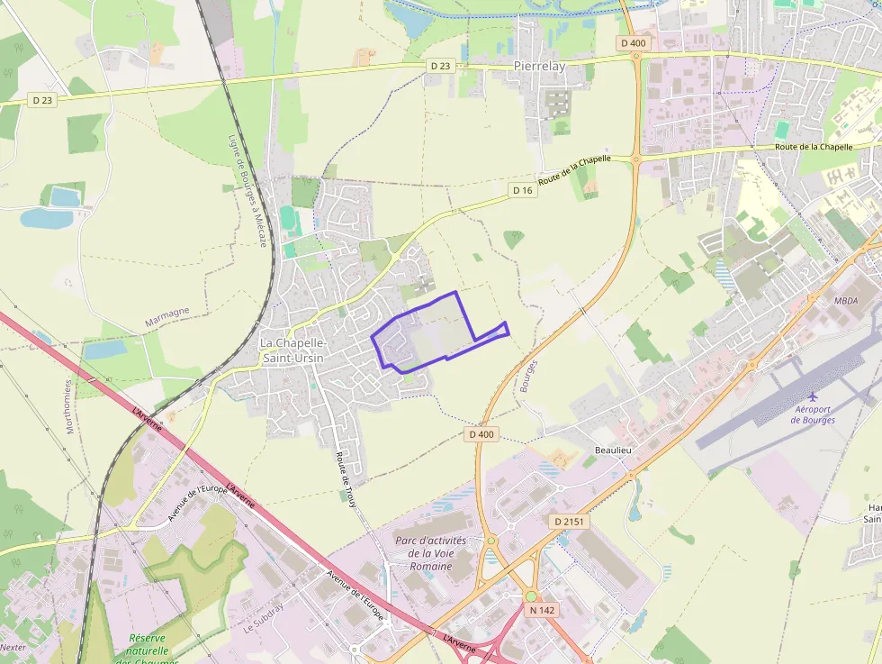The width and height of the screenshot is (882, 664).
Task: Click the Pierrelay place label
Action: [539, 66]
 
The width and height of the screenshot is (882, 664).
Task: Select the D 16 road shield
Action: [523, 190]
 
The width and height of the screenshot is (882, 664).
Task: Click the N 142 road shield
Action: [542, 610]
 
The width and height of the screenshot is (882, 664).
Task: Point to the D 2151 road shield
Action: [568, 522]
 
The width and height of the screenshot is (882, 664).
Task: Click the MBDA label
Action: [846, 301]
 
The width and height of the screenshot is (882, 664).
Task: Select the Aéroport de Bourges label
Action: [813, 414]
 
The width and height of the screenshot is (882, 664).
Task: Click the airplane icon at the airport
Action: [814, 396]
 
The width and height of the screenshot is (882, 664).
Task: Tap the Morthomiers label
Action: [70, 405]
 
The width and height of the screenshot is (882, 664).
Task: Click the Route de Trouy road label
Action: [346, 478]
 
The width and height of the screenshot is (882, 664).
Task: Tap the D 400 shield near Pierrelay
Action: [633, 42]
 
